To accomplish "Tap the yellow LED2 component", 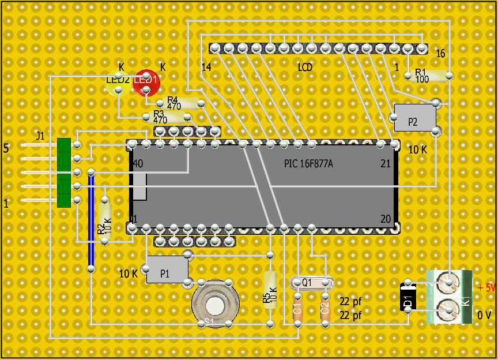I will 118,84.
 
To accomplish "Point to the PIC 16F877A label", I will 308,164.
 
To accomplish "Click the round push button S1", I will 215,303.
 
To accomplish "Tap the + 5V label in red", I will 486,288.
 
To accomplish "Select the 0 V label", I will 485,316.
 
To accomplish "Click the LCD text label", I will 305,67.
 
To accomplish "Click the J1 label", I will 40,137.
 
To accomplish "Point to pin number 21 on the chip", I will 386,164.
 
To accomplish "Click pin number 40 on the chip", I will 138,163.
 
